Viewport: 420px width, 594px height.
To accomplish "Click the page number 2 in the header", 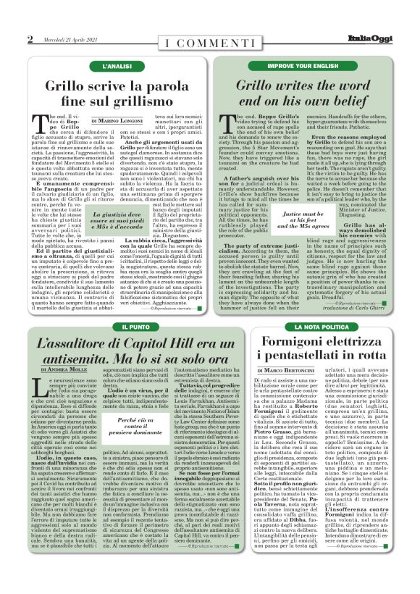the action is point(30,39).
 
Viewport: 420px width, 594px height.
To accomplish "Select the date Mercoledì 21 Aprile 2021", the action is point(66,39).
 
